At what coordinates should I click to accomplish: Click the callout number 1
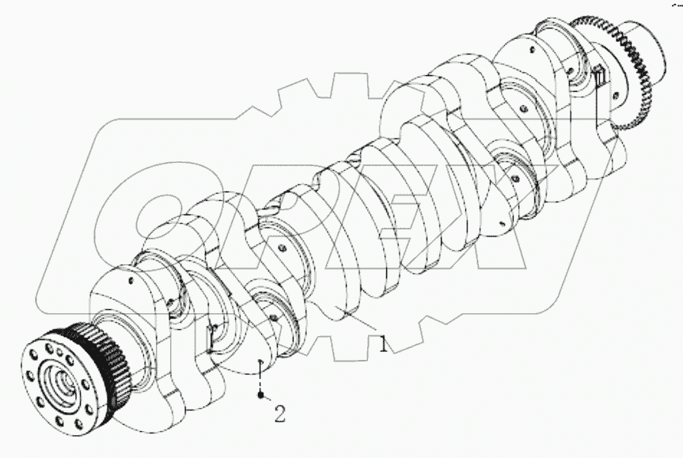383,345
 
